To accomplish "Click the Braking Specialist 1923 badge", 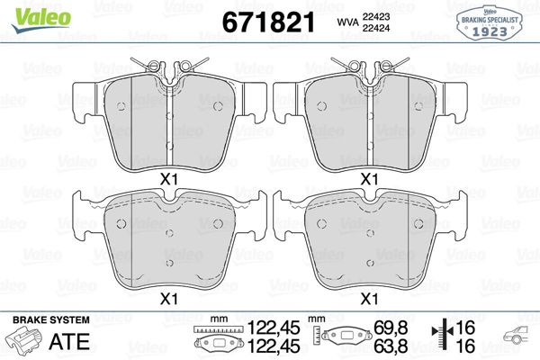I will click(492, 21).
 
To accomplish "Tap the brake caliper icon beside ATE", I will click(26, 342).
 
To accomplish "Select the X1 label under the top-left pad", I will click(167, 179).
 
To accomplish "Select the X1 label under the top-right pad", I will click(368, 179).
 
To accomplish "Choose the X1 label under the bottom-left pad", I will click(167, 298).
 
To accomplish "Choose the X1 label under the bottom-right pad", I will click(368, 298).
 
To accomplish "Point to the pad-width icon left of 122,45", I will click(217, 341).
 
